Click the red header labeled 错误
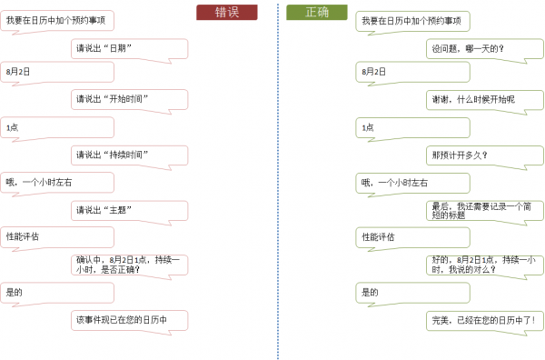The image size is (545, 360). tap(226, 12)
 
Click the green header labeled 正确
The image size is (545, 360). tap(317, 12)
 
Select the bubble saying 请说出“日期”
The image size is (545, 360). tap(128, 48)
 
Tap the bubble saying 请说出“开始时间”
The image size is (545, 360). tap(128, 99)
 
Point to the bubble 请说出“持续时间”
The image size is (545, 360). tap(128, 155)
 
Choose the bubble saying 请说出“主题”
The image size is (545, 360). tap(128, 210)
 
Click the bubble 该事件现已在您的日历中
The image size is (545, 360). tap(128, 319)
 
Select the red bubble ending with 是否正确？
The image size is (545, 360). tap(128, 264)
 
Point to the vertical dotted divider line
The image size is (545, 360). tap(275, 182)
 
